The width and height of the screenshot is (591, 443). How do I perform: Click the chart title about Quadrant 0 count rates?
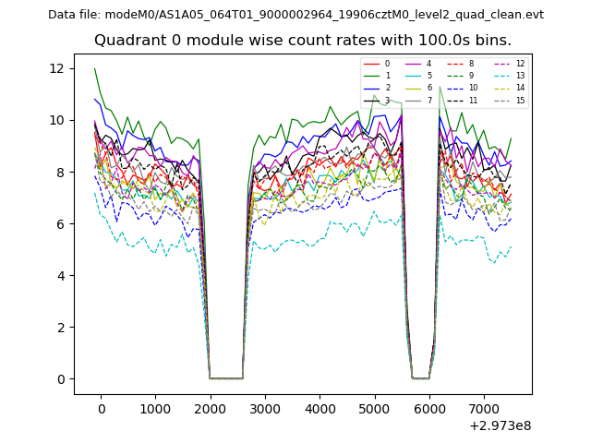pyautogui.click(x=302, y=41)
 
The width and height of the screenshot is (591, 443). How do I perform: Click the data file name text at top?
pyautogui.click(x=295, y=14)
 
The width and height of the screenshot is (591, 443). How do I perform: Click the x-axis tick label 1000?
pyautogui.click(x=155, y=408)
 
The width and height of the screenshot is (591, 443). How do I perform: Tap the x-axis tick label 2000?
pyautogui.click(x=210, y=408)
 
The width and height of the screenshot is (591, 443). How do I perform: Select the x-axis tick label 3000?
pyautogui.click(x=264, y=408)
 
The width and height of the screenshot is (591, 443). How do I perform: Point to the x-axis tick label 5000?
pyautogui.click(x=374, y=408)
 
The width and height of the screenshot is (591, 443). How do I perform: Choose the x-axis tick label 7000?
pyautogui.click(x=483, y=408)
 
